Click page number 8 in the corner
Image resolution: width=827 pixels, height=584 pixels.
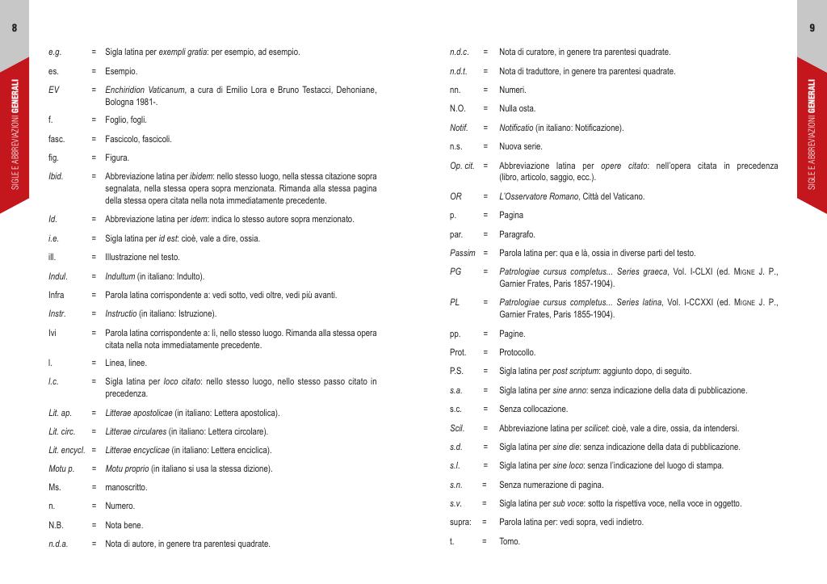pos(15,28)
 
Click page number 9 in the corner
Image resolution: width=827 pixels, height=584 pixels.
pos(812,28)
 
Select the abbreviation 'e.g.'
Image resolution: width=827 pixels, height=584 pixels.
pos(55,53)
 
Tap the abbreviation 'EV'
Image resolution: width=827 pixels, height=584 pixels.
pos(54,89)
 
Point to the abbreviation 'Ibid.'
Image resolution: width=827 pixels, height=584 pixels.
pos(56,176)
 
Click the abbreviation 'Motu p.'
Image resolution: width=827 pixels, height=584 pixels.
pos(61,468)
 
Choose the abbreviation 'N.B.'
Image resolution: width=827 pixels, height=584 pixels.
pos(56,525)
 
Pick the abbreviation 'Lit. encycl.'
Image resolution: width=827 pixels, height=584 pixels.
pos(67,450)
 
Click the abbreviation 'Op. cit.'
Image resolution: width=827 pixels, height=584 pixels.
pos(462,166)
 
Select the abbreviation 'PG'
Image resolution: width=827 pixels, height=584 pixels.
pos(455,271)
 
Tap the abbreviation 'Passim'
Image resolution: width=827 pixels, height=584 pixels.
pos(463,253)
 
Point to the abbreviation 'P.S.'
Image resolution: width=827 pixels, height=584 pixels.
pos(457,371)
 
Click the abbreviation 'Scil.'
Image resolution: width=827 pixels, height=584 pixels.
pos(457,428)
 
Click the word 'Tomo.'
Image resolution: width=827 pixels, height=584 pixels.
pos(510,541)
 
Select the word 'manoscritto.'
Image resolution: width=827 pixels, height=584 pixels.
pos(126,487)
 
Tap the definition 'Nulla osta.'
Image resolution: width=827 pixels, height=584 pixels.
pos(517,108)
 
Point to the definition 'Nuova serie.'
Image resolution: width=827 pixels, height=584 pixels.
pos(521,146)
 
